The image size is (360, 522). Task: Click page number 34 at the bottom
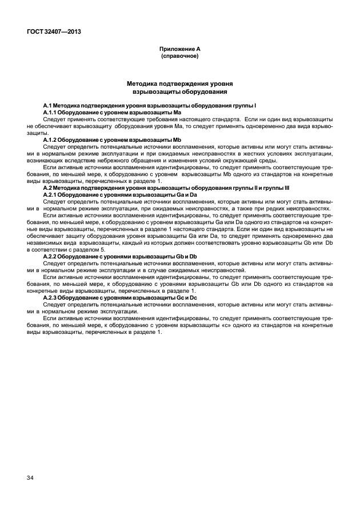tap(30, 477)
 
